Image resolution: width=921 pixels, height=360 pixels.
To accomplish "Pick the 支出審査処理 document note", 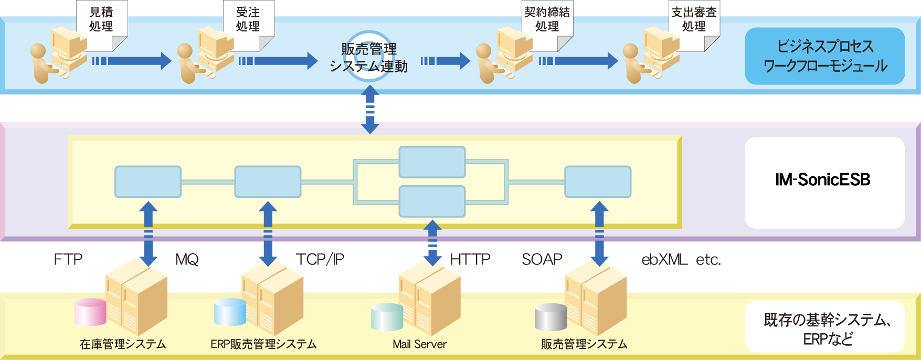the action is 694,25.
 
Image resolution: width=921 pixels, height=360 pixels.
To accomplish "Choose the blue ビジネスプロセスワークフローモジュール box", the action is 824,56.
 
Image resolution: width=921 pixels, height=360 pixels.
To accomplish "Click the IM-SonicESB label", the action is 822,180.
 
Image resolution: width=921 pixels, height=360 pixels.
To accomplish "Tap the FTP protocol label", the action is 68,259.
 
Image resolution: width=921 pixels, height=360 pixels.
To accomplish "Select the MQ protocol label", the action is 187,259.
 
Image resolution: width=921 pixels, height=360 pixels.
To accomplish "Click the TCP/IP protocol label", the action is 320,259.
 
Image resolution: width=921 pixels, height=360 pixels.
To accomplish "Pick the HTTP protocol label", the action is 470,259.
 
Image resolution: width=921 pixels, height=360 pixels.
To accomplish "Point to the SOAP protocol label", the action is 542,259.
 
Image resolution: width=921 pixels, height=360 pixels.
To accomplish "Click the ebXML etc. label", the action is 681,259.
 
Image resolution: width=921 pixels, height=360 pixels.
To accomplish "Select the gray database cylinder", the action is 551,317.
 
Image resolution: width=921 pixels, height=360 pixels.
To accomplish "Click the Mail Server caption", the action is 420,344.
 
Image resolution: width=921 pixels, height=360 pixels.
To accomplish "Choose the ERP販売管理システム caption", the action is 263,344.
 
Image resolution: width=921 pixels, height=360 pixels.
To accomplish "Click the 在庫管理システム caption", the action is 123,344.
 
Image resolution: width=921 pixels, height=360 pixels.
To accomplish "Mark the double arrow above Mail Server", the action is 432,243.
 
